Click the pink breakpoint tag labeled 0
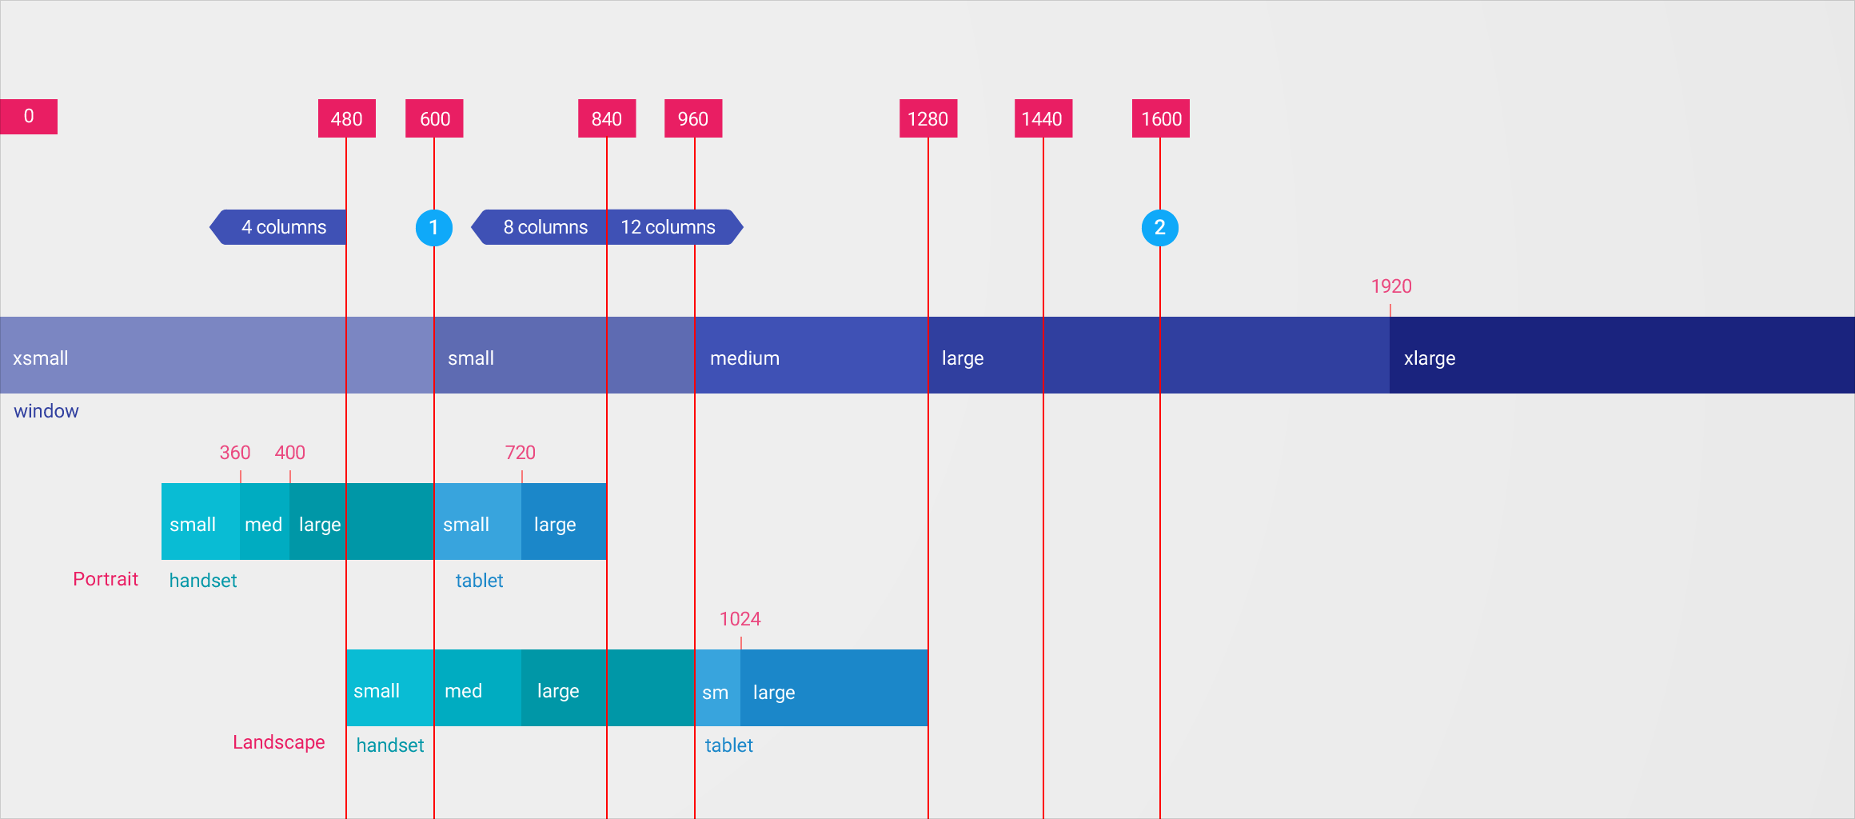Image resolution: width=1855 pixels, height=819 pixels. point(29,117)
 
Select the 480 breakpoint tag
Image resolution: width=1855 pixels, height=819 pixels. point(346,118)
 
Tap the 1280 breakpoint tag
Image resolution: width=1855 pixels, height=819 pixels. point(927,118)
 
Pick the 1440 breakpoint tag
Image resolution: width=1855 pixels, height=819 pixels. point(1043,118)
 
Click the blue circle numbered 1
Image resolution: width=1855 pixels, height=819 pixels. point(433,228)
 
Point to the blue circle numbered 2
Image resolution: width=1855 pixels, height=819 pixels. point(1159,228)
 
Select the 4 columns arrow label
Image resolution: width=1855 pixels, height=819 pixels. point(283,227)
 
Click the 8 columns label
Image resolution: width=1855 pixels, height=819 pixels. point(545,227)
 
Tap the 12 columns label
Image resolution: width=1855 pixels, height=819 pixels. point(668,227)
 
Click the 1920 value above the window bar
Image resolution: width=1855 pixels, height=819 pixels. point(1391,286)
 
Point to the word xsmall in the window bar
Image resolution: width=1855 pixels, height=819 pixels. point(41,358)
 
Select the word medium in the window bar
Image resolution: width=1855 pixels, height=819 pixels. point(744,358)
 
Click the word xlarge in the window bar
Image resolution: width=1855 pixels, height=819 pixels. point(1430,358)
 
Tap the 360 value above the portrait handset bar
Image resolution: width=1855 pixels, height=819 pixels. point(235,453)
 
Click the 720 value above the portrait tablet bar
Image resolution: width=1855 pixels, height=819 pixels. point(521,453)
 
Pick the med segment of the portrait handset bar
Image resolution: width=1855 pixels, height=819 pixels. point(264,524)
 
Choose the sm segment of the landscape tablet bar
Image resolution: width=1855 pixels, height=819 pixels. point(716,692)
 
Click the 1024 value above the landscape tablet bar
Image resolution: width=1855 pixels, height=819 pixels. point(740,619)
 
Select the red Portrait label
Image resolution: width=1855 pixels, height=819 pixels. point(106,579)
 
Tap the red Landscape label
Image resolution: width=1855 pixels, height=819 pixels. point(279,742)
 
